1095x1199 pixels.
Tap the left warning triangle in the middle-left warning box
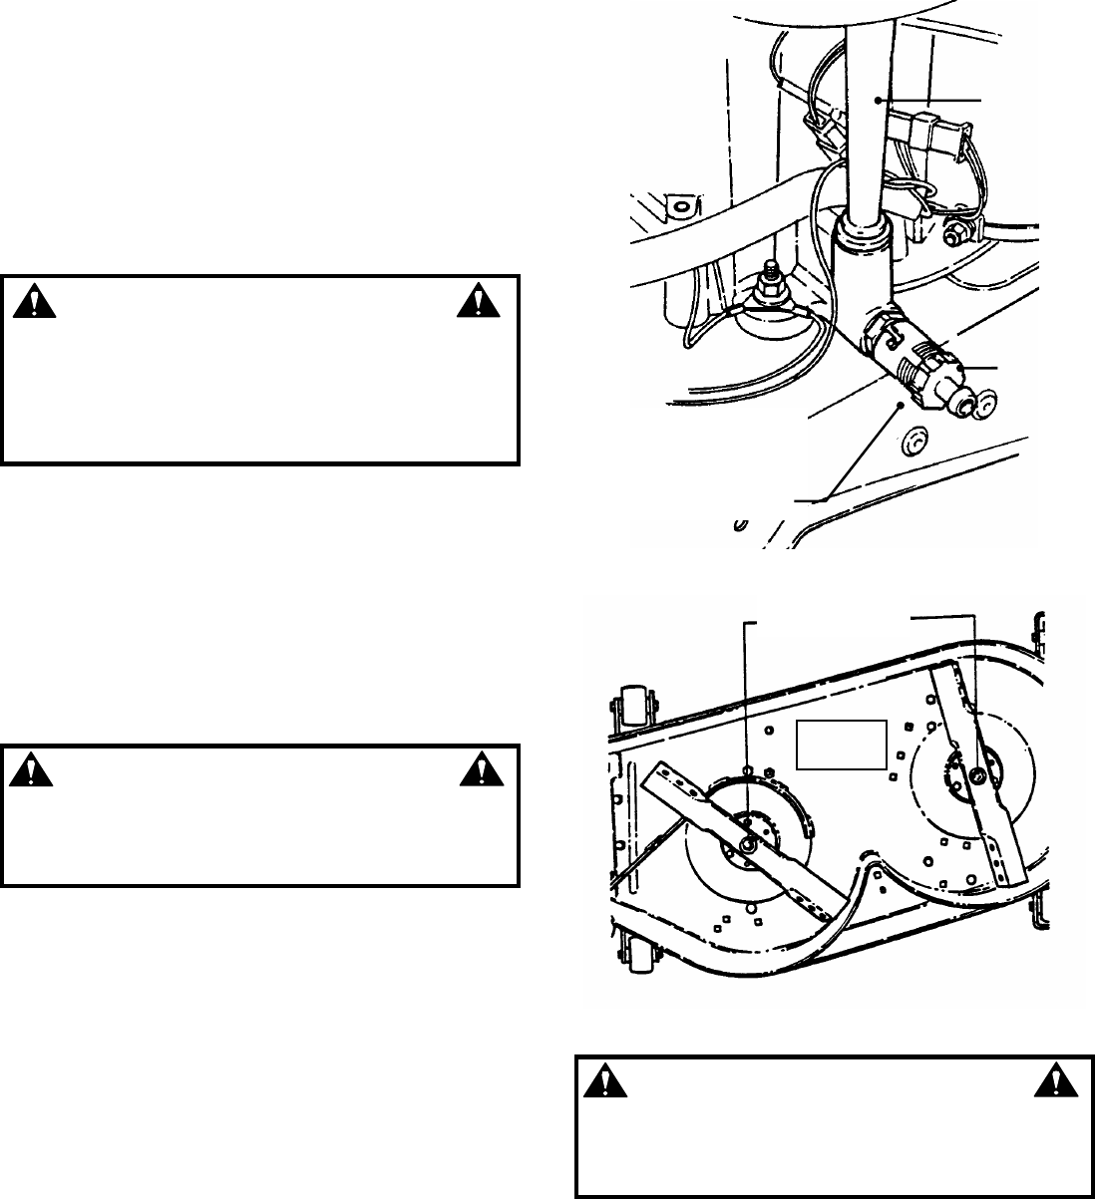(34, 767)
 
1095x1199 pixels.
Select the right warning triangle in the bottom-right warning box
(1055, 1082)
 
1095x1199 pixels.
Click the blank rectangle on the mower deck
(841, 744)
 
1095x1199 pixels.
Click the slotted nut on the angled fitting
(928, 370)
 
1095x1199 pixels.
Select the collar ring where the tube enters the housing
(860, 236)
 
